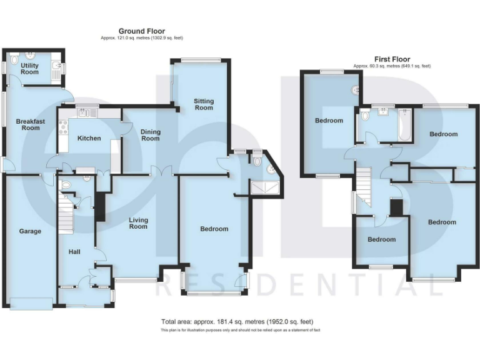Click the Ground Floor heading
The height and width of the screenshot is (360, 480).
(x=141, y=31)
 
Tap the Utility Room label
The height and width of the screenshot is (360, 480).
(x=29, y=68)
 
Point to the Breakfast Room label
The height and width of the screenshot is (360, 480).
(x=27, y=124)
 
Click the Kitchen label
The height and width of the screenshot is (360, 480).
(x=88, y=138)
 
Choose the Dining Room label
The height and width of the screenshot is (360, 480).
(x=150, y=134)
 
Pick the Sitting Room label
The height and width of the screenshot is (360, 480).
(x=203, y=104)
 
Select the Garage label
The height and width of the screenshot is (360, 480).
(x=29, y=231)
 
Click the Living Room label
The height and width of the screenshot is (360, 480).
(x=138, y=222)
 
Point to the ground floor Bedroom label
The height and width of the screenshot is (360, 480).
(x=214, y=229)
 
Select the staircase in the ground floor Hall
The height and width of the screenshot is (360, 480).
(x=66, y=212)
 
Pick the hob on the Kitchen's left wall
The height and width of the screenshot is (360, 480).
(x=62, y=127)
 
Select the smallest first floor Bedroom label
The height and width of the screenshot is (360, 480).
(x=381, y=239)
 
